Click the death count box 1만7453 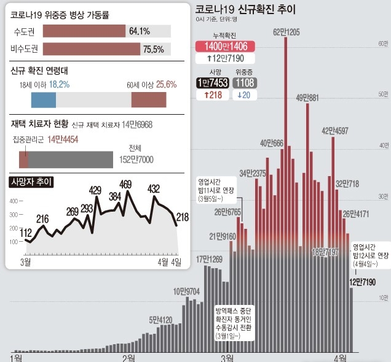(211, 83)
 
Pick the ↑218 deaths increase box (211, 95)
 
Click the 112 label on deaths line (26, 233)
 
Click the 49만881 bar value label (307, 98)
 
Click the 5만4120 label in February (160, 320)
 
